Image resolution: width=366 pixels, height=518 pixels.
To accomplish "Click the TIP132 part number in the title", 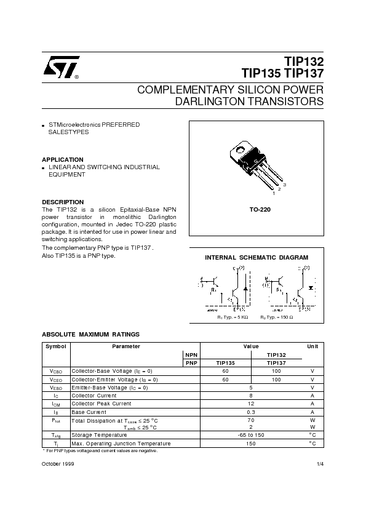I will [303, 60].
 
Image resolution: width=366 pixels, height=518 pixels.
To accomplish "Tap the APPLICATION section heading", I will [62, 159].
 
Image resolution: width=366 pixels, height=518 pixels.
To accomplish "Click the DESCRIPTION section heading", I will [63, 202].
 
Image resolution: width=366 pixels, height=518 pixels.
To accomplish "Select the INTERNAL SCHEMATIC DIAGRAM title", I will [257, 257].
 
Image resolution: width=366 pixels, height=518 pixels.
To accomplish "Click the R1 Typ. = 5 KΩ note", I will [233, 316].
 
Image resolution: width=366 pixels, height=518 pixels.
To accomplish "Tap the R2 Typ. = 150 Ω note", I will [277, 316].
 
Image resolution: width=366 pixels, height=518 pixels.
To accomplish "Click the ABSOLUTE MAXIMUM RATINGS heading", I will [90, 334].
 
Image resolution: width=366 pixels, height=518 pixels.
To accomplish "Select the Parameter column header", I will [126, 346].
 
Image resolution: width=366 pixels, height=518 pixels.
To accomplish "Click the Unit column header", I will [312, 346].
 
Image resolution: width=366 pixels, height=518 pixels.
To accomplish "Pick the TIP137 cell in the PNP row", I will [276, 363].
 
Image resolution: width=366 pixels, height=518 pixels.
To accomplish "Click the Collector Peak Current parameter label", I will [101, 404].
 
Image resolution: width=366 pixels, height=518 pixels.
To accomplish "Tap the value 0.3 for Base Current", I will [250, 412].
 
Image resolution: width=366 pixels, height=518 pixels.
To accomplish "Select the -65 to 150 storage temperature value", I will [250, 435].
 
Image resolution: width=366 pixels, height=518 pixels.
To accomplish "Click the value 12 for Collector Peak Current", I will [250, 404].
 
